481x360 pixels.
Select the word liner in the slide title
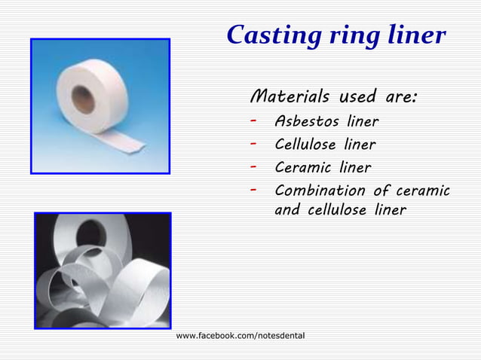click(x=412, y=35)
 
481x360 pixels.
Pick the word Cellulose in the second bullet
click(x=306, y=145)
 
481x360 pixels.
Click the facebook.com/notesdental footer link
click(x=240, y=334)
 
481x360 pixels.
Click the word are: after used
click(x=400, y=98)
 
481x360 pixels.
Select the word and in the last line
click(x=287, y=210)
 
